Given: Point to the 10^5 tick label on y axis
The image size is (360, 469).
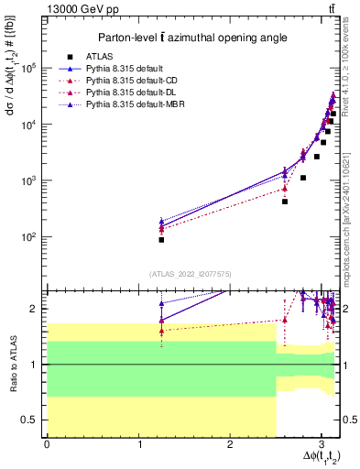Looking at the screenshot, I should pos(30,68).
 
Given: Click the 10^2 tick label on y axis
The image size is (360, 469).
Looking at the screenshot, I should pos(30,236).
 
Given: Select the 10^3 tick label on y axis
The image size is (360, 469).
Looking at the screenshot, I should pos(30,180).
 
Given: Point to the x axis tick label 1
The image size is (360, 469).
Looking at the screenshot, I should pos(138,444).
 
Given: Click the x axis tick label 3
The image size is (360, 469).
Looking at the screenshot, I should pos(321,444).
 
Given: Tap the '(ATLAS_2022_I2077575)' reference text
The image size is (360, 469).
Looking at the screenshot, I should pos(191,274).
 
